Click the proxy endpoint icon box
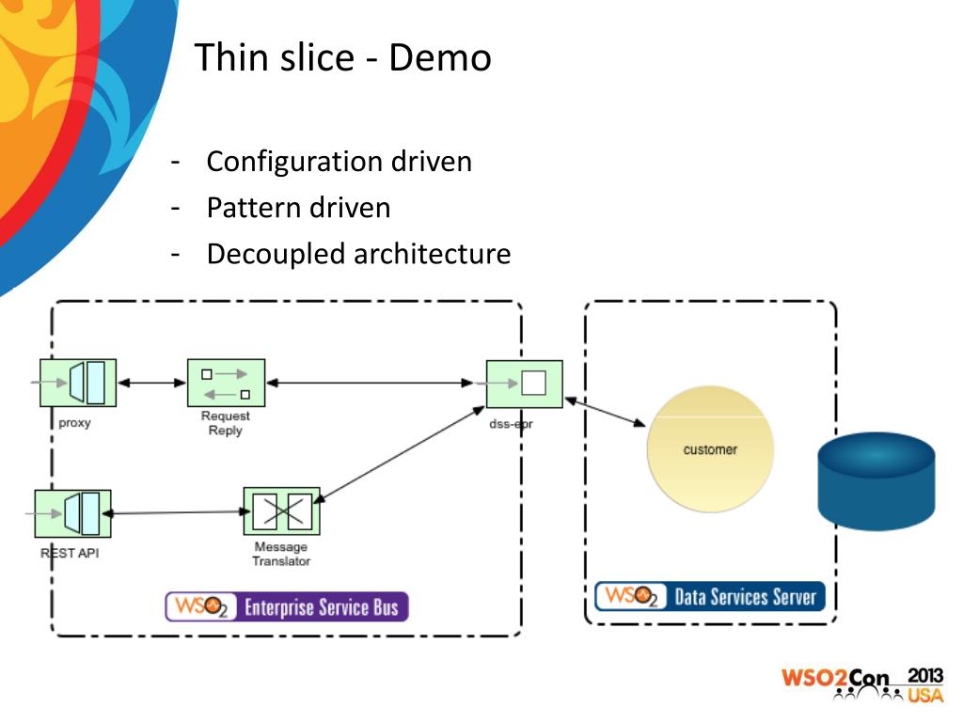coord(78,384)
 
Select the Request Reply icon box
coord(226,384)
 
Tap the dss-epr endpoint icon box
coord(525,385)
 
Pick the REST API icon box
coord(73,514)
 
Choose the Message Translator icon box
coord(282,511)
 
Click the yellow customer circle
coord(711,448)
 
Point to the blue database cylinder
coord(876,480)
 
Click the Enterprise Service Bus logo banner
coord(287,606)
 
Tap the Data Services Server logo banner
coord(710,596)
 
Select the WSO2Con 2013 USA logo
coord(862,684)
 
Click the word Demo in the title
coord(440,57)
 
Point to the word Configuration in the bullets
coord(295,163)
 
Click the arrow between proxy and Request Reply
coord(151,384)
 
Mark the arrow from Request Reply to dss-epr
coord(370,384)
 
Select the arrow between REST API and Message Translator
coord(177,512)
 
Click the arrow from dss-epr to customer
coord(605,412)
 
